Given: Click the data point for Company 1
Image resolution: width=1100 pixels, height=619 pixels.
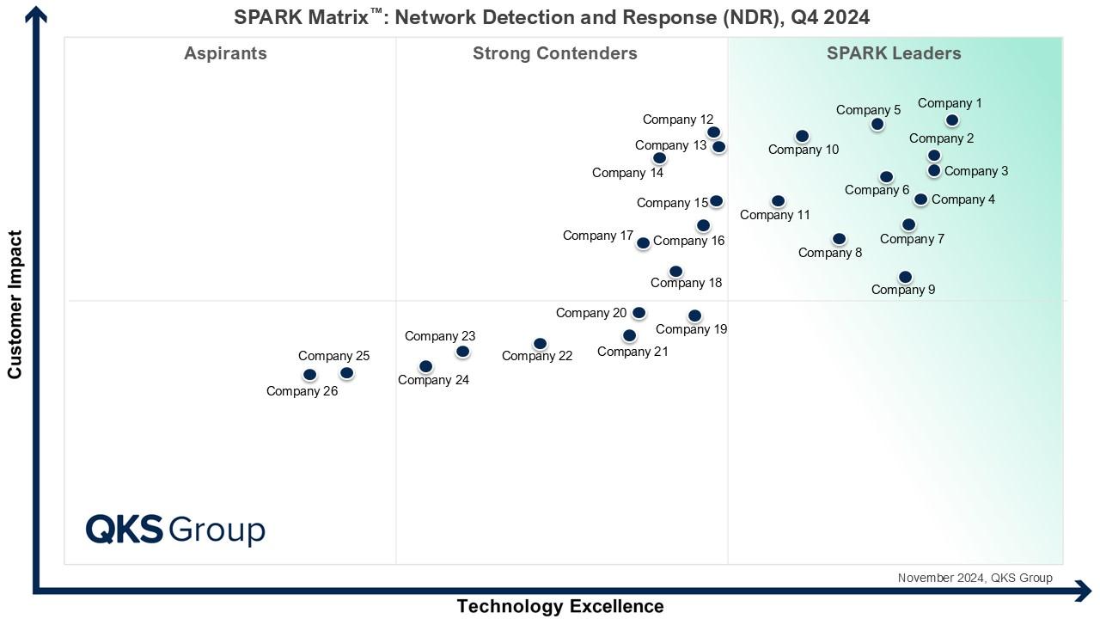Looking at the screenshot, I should [x=951, y=120].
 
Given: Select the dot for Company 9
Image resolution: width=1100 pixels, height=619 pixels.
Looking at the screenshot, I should [x=905, y=277].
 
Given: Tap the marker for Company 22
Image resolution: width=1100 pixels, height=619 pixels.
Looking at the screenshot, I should [x=540, y=344].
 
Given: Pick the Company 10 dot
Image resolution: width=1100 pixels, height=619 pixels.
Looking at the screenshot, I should [x=802, y=136].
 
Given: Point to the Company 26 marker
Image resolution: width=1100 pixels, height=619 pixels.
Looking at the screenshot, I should [x=309, y=374].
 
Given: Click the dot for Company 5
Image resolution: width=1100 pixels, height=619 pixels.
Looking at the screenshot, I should [x=877, y=124].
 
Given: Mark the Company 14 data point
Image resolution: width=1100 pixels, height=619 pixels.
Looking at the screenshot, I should [x=659, y=158].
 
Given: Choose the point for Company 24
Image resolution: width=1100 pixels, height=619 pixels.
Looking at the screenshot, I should [x=425, y=366].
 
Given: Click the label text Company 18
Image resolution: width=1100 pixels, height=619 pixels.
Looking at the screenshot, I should [x=686, y=283].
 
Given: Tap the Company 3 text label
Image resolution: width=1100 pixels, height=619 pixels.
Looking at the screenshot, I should [x=976, y=171].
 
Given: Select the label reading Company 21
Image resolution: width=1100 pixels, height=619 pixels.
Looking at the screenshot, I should [x=632, y=352].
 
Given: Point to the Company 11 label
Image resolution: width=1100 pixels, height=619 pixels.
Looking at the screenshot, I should [x=775, y=215].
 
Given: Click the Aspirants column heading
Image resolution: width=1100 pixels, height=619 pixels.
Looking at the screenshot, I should [x=225, y=53].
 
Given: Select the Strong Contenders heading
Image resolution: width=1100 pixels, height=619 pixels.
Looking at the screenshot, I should [x=554, y=53].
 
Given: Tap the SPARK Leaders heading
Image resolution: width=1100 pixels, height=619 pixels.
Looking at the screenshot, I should [x=894, y=53].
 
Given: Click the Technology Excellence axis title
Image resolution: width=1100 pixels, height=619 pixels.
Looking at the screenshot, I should [x=559, y=606].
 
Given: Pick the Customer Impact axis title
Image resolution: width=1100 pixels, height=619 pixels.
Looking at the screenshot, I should [x=15, y=304].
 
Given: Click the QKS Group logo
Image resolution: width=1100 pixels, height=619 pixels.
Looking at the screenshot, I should [x=175, y=529].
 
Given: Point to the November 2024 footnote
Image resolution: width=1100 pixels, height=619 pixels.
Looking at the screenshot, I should [x=975, y=578].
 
